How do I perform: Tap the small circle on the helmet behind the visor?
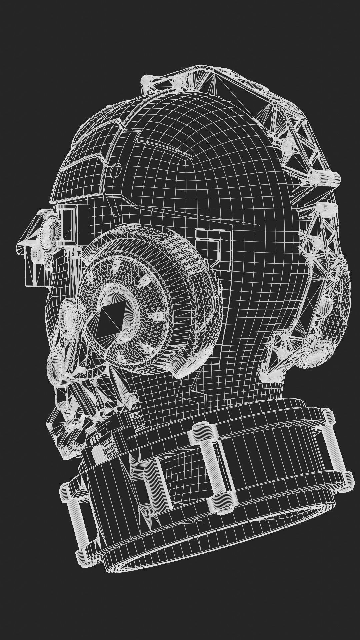click(115, 170)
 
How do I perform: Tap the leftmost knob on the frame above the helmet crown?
click(147, 80)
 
